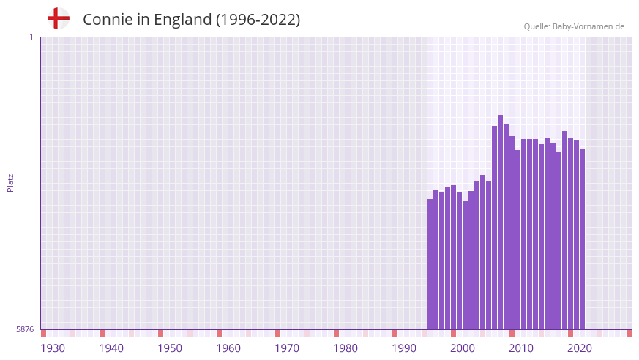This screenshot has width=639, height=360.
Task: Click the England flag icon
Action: [58, 18]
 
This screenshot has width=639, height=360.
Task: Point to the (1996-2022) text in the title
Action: [258, 20]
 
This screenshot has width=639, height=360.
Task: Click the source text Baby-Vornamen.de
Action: [588, 26]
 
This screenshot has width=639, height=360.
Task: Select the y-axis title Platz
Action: [10, 183]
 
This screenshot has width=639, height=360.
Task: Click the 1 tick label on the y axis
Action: [31, 37]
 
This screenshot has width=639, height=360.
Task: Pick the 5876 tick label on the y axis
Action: [25, 330]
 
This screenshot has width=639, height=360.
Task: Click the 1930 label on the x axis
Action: [53, 348]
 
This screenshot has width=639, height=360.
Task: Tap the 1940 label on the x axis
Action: [111, 348]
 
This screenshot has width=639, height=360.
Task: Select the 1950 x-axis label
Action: [170, 348]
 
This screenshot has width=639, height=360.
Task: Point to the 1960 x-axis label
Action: [228, 348]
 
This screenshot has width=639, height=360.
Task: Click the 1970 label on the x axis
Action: [287, 348]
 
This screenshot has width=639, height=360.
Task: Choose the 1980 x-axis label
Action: [345, 348]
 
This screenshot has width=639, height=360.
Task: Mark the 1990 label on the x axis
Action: [404, 348]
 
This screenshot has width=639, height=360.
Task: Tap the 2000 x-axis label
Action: [463, 348]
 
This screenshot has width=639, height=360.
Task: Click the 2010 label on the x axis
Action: [521, 348]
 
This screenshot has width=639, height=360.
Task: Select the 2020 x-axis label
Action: [580, 348]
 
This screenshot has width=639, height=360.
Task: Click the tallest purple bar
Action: [501, 220]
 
